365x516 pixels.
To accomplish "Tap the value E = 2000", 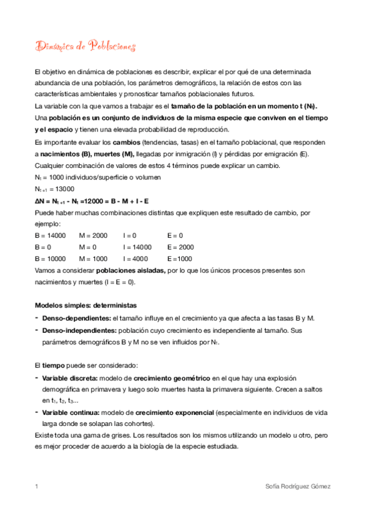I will pos(181,247).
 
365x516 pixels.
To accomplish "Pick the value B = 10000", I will pos(50,259).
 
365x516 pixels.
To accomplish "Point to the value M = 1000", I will pos(93,259).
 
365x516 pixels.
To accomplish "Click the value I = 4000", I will pos(137,259).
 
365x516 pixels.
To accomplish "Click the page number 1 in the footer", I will pos(37,487).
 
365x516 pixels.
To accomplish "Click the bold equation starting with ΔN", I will pos(93,200).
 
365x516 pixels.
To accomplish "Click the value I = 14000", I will pos(137,247).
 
